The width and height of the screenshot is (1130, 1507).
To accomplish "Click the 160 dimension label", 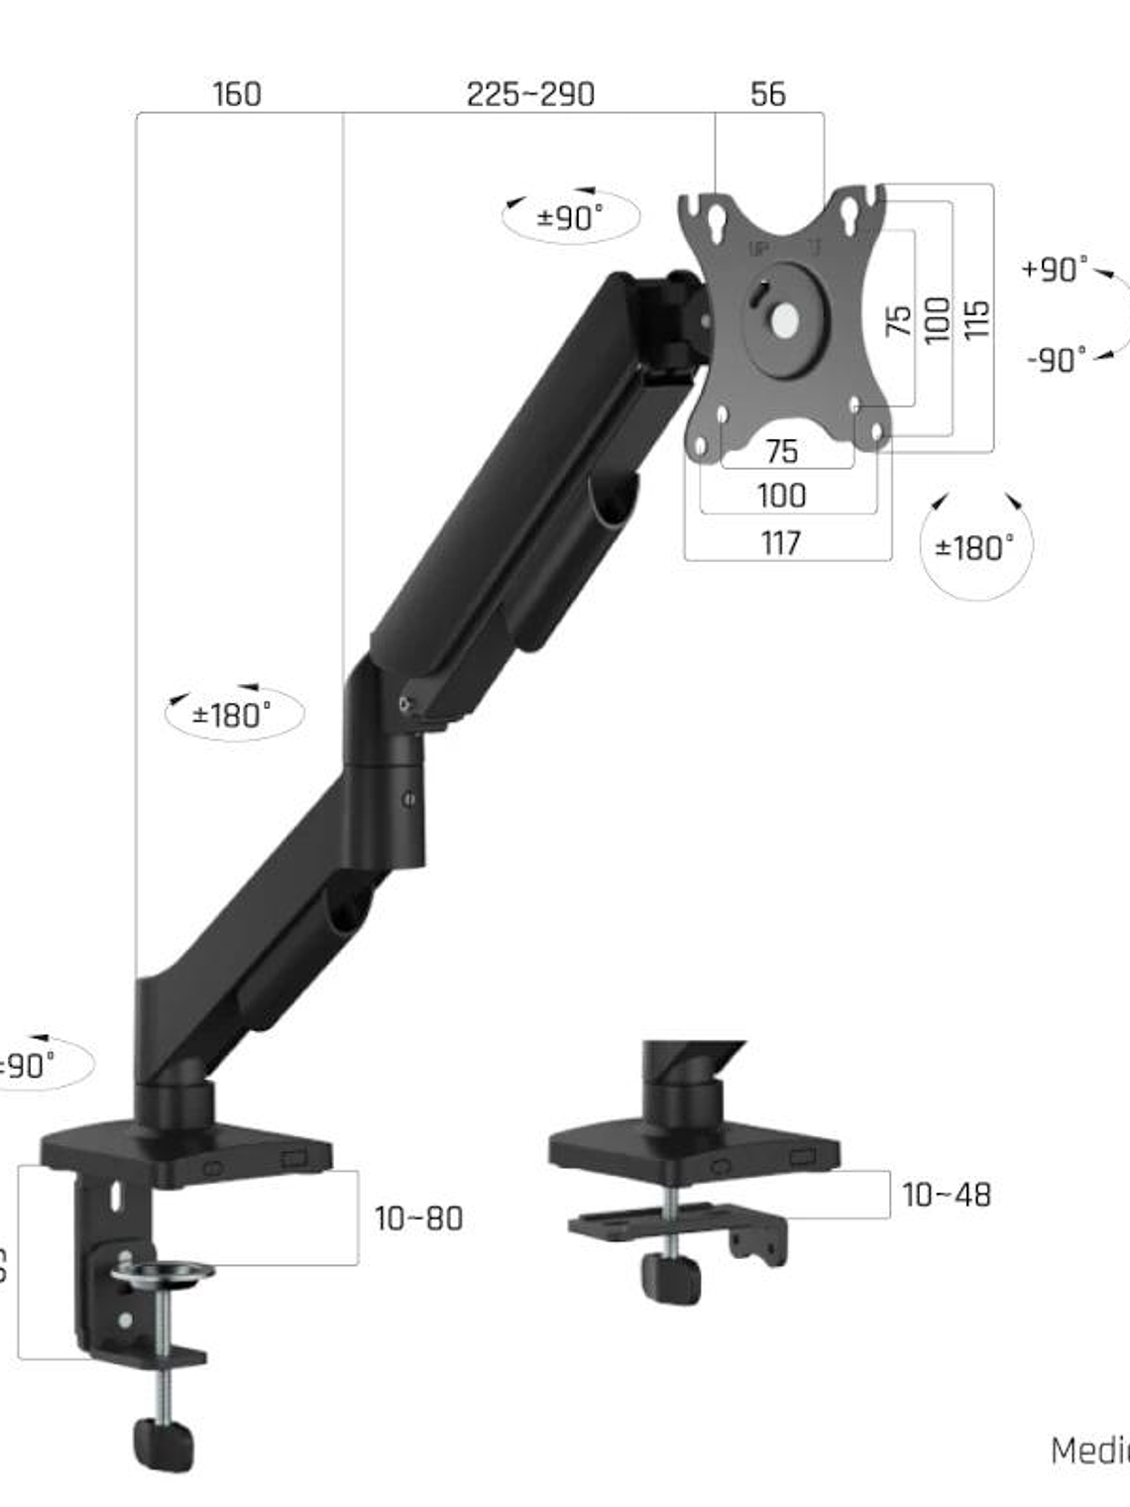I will click(x=237, y=94).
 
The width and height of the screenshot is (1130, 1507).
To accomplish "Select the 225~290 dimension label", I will click(x=530, y=94).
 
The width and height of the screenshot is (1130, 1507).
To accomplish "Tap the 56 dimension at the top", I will click(x=768, y=94).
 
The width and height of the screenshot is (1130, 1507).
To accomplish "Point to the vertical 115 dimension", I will click(x=976, y=319).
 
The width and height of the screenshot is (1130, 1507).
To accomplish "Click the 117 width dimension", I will click(x=781, y=542).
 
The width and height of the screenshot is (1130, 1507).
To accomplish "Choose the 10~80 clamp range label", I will click(x=418, y=1218).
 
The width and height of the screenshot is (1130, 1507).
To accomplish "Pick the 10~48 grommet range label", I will click(x=946, y=1195).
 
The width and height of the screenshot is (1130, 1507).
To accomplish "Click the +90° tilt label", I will click(x=1055, y=269).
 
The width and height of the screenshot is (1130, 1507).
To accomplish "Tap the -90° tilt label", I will click(x=1057, y=359).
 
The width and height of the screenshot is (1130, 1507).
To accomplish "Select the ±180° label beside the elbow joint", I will click(x=232, y=714).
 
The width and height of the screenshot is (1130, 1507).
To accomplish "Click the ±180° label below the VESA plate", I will click(x=975, y=547).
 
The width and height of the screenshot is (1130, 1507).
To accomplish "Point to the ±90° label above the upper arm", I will click(x=570, y=217).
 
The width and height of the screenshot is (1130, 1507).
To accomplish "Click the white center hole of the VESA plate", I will click(x=784, y=319).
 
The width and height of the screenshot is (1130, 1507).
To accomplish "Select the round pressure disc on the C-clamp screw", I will click(x=162, y=1271).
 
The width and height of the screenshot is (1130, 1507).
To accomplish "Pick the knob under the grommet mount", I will click(x=671, y=1277).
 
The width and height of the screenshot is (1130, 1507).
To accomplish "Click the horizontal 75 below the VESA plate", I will click(x=781, y=452).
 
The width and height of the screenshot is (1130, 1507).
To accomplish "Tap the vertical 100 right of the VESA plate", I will click(x=937, y=319).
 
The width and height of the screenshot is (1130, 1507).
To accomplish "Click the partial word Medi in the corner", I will click(x=1089, y=1449).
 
